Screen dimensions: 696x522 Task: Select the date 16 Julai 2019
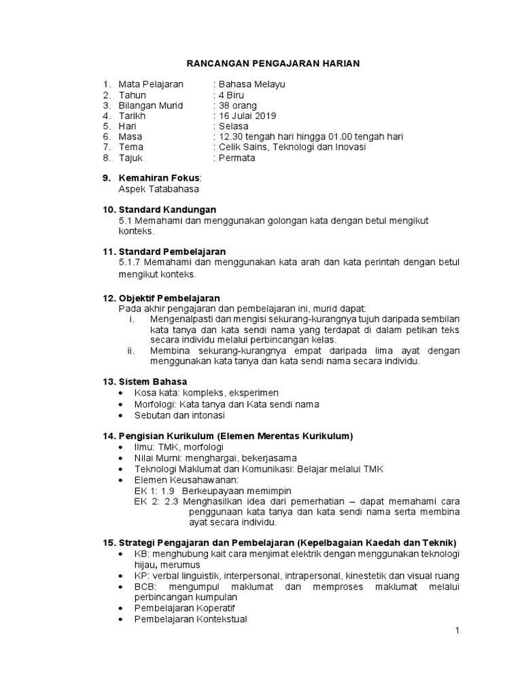click(x=245, y=116)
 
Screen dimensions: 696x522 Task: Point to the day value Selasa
click(x=233, y=126)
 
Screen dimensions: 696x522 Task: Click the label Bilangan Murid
click(x=150, y=105)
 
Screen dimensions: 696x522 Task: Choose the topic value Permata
click(x=237, y=158)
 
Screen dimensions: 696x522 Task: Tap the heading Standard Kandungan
click(x=167, y=209)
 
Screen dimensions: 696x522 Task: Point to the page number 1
click(x=457, y=631)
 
